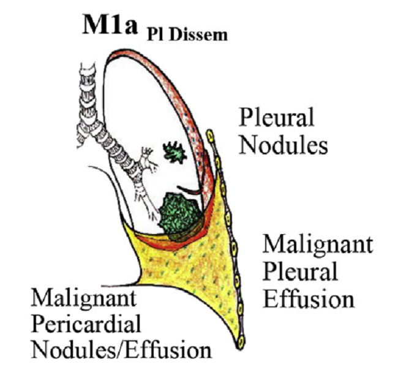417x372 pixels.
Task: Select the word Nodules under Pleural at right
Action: [283, 145]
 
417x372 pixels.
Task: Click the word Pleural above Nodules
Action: [277, 116]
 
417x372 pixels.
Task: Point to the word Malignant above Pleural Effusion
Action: [318, 245]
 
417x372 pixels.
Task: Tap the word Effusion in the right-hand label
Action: [308, 300]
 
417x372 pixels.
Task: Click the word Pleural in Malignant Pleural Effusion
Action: [300, 272]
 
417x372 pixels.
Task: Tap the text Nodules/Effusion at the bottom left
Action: [122, 351]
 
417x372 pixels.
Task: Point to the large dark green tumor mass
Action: [178, 213]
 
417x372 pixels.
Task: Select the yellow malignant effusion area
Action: [196, 270]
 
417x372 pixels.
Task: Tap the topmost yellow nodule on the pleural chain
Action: [210, 134]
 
